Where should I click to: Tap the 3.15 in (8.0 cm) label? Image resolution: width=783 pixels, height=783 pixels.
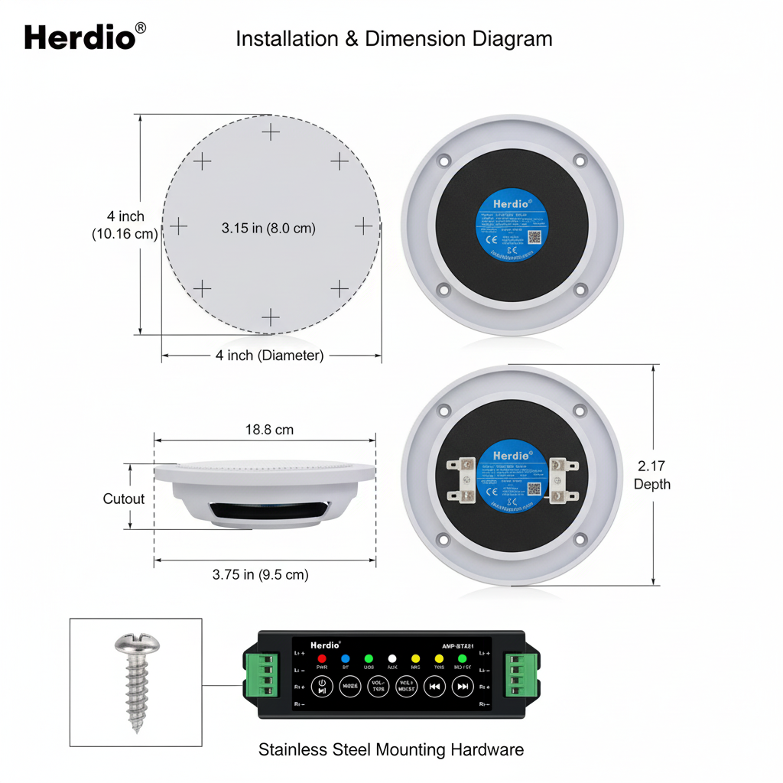coord(268,228)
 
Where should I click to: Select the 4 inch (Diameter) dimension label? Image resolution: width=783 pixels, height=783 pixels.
coord(269,356)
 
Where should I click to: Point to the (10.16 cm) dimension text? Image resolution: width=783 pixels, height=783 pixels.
coord(124,234)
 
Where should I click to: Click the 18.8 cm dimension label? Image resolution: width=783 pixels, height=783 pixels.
coord(269,430)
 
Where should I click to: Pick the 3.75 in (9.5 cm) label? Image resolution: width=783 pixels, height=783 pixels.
coord(261,575)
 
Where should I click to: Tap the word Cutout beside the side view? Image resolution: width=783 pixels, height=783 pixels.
coord(124,499)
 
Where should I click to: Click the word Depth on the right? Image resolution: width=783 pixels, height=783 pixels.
coord(651,484)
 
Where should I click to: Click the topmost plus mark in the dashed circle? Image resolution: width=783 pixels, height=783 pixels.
coord(271,132)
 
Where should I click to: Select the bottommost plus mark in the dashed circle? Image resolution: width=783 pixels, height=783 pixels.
coord(271,317)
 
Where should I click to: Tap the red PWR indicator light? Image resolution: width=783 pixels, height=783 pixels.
coord(322,658)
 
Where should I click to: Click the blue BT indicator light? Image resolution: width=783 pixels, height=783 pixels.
coord(345,658)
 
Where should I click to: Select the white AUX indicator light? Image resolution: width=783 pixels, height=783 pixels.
coord(392,658)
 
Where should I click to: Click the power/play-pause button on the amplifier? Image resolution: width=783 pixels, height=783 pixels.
coord(322,686)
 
